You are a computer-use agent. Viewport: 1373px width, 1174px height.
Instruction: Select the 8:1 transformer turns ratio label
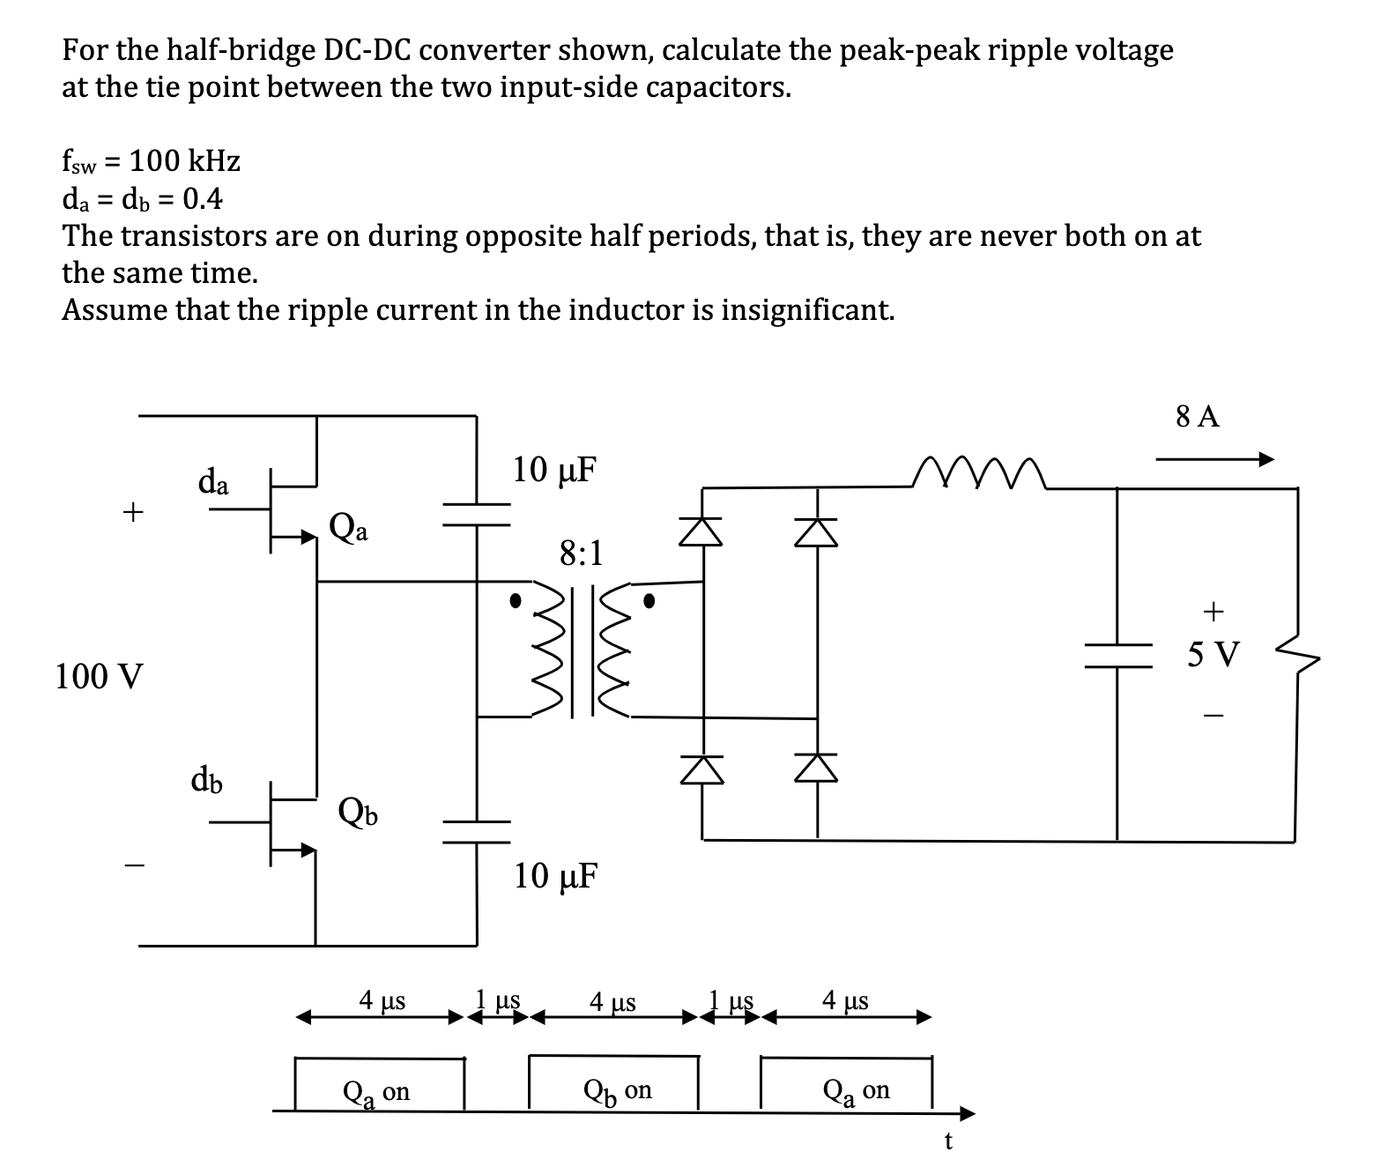coord(582,554)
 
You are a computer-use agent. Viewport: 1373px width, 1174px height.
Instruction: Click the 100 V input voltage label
coord(98,677)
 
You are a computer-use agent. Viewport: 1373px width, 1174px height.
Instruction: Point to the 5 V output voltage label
coord(1213,655)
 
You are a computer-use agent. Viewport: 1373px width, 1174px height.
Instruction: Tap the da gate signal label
coord(213,482)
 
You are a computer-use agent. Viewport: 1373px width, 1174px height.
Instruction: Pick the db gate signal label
coord(207,780)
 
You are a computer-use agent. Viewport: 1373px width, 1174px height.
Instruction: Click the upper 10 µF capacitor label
coord(554,470)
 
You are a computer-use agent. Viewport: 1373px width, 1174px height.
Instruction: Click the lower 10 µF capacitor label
coord(555,875)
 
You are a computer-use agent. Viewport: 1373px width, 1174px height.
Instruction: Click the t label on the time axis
coord(947,1141)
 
